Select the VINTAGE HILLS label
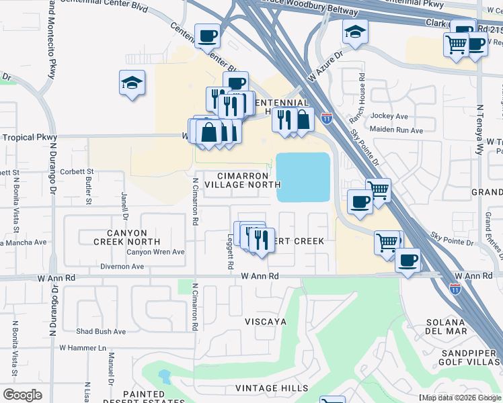[x=272, y=388]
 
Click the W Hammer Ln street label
[x=83, y=348]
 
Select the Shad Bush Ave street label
[x=101, y=332]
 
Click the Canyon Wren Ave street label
[x=156, y=253]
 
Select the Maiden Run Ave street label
[x=397, y=130]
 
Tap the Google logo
[x=22, y=395]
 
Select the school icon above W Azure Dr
[x=355, y=31]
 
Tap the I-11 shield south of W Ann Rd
[x=455, y=289]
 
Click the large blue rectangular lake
[x=303, y=177]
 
